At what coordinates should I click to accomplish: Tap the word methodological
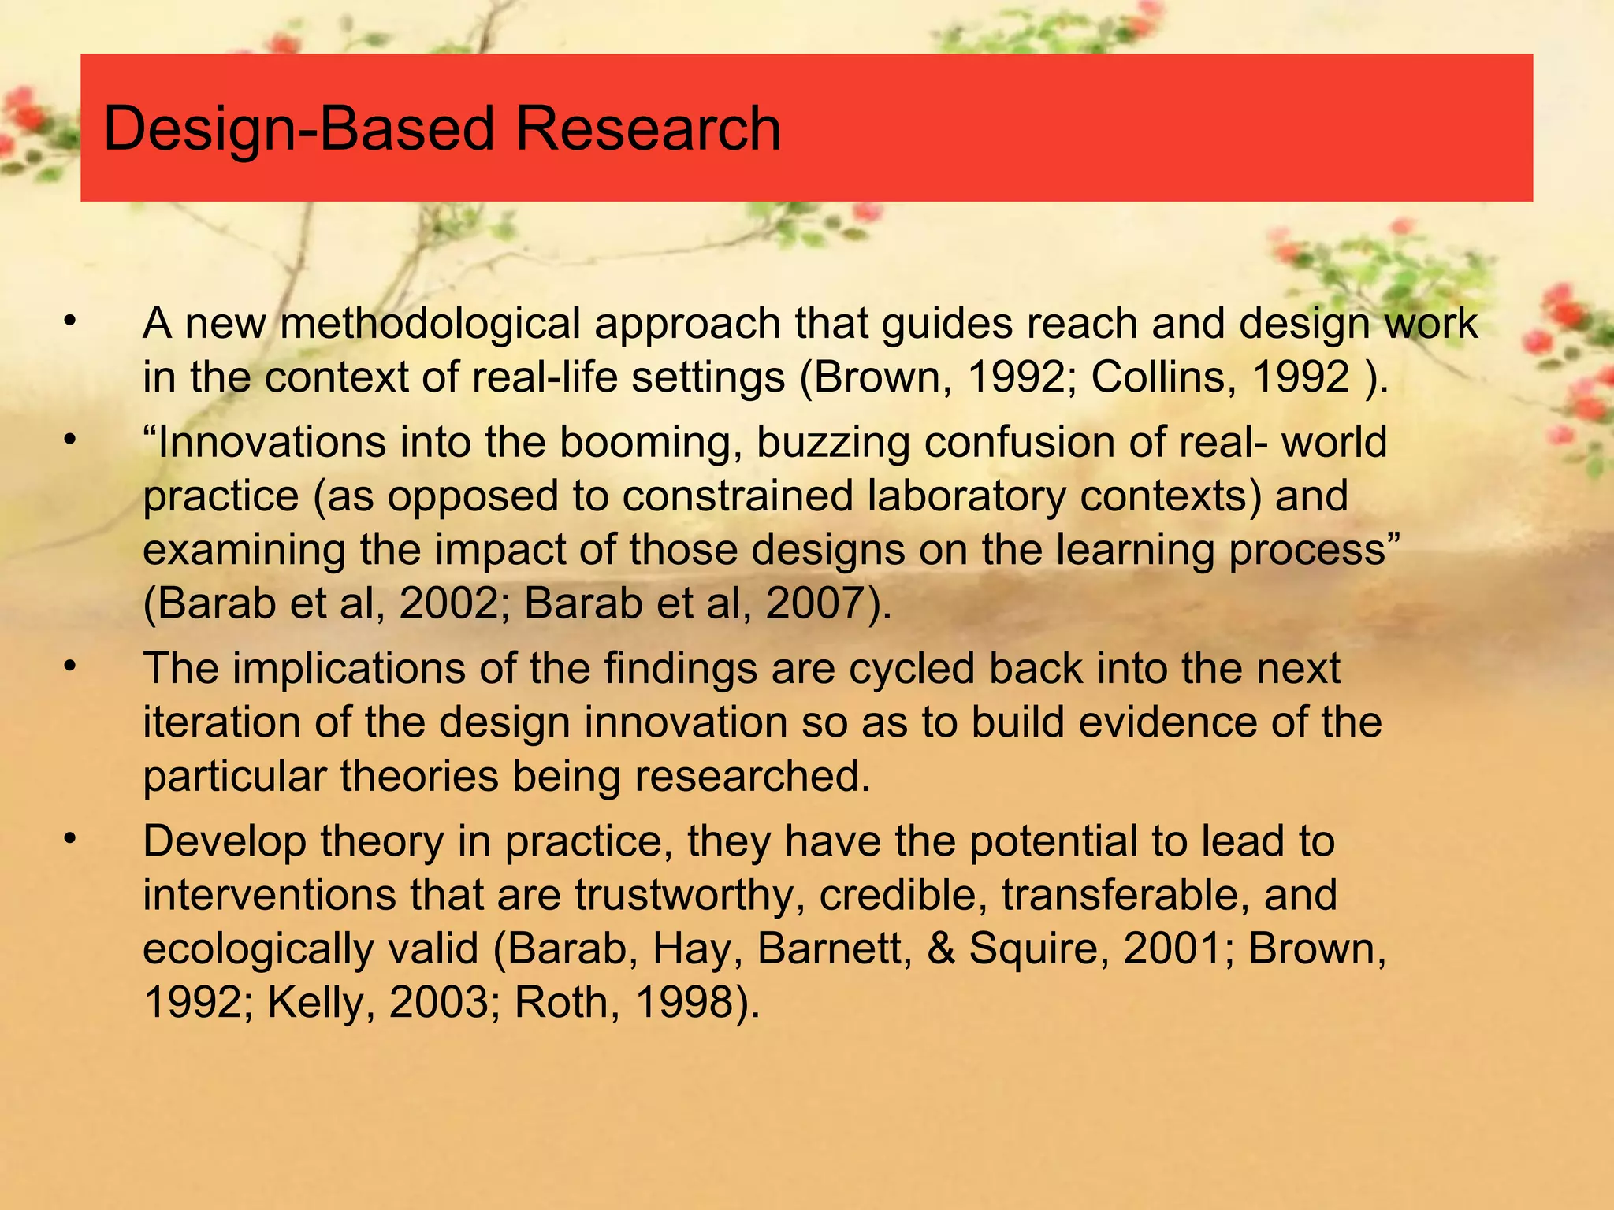pyautogui.click(x=430, y=324)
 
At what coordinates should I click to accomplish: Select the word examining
pyautogui.click(x=244, y=550)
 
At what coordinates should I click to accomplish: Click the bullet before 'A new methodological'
pyautogui.click(x=70, y=321)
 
